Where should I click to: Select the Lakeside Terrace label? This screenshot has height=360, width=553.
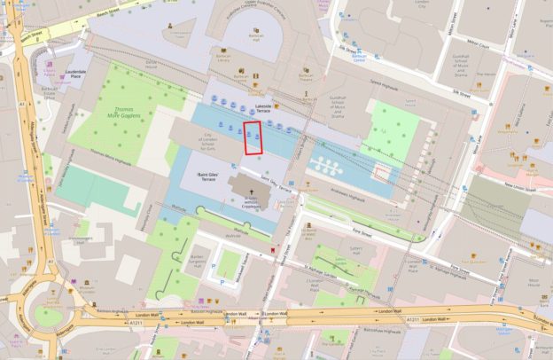tap(263, 110)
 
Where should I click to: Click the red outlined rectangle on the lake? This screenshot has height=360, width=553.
tap(254, 138)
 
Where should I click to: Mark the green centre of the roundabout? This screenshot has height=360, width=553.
tap(49, 317)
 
